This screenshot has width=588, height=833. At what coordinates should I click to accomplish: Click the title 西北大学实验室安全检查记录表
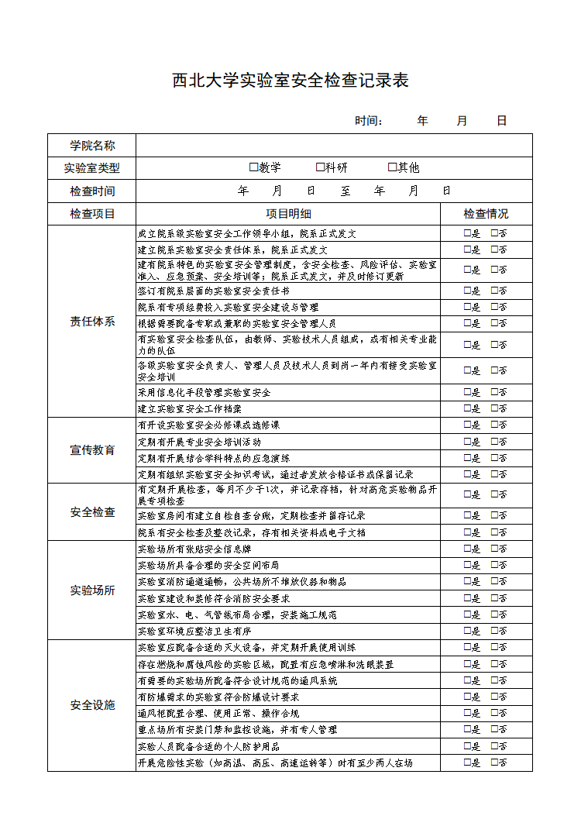point(290,81)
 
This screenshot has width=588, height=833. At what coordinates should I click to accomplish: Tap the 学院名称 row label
point(92,145)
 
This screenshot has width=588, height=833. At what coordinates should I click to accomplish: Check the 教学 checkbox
point(253,167)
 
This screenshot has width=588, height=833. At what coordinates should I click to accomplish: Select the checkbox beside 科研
point(320,167)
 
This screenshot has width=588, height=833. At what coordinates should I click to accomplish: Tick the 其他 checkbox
point(392,167)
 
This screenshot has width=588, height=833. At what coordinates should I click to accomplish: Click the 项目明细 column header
point(288,214)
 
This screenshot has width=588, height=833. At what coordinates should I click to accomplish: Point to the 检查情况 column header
point(486,214)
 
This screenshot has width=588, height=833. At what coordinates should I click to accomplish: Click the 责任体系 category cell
point(92,322)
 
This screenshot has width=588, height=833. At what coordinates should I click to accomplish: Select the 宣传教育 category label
point(92,450)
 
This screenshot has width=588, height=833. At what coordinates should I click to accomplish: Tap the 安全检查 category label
point(92,512)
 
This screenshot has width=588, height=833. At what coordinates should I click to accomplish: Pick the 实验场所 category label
point(92,590)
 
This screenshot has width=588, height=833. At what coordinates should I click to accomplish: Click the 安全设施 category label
point(92,705)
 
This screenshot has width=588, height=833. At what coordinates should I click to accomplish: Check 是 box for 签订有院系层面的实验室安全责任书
point(467,291)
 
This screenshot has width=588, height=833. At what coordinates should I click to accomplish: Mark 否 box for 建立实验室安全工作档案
point(495,408)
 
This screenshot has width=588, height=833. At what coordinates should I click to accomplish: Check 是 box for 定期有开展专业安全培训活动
point(467,442)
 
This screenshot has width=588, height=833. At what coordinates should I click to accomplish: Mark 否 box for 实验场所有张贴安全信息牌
point(495,549)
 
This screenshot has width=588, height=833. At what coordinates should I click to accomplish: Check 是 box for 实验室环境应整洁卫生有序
point(467,631)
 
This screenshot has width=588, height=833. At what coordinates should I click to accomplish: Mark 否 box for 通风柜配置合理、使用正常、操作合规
point(495,713)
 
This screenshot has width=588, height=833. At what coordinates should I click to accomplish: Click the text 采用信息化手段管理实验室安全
point(204,393)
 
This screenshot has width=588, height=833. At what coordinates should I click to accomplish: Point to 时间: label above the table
point(369,121)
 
